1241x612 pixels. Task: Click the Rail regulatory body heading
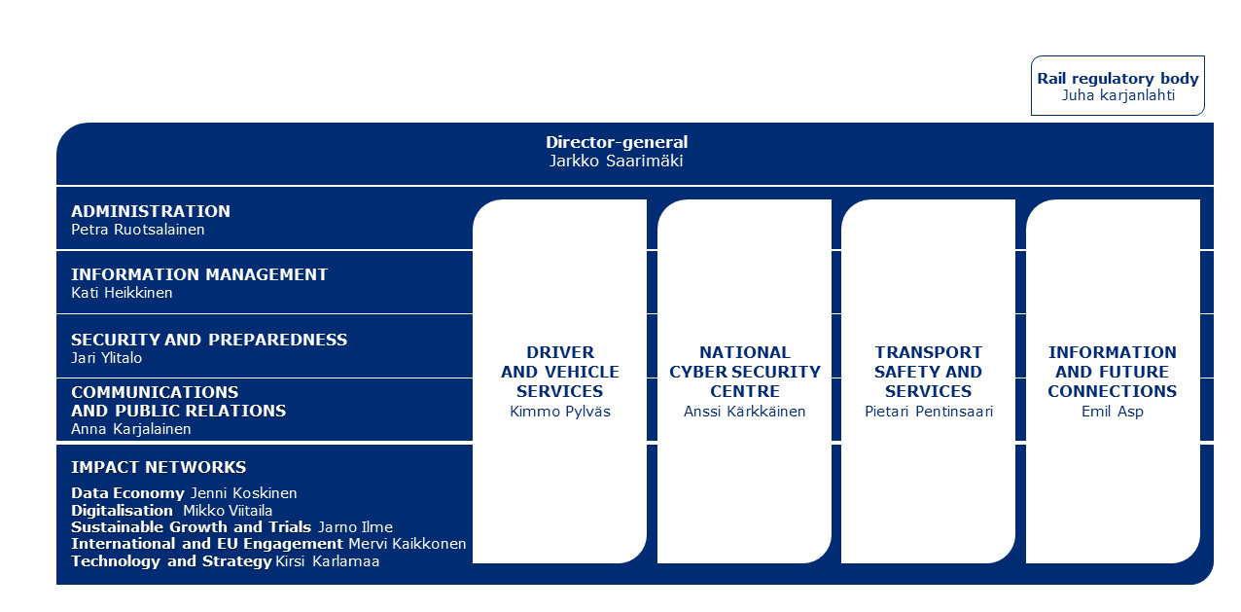[x=1117, y=79]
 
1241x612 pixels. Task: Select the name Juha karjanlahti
[x=1118, y=96]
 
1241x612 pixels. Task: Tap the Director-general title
[x=617, y=142]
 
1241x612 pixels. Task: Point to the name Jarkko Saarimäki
[x=616, y=162]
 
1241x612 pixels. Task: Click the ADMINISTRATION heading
[x=151, y=211]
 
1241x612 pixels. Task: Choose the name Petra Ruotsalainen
[x=138, y=230]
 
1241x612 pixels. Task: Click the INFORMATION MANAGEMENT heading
[x=199, y=274]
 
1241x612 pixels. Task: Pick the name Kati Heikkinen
[x=122, y=293]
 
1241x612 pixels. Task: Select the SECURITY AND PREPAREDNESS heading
[x=209, y=340]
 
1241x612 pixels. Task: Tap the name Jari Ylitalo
[x=106, y=358]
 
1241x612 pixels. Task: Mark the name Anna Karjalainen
[x=130, y=429]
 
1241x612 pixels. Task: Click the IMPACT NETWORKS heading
[x=159, y=467]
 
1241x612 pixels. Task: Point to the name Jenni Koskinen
[x=244, y=493]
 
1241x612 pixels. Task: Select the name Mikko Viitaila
[x=228, y=511]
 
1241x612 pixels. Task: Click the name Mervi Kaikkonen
[x=408, y=544]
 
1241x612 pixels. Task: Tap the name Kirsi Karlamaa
[x=328, y=561]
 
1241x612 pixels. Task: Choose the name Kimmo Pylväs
[x=560, y=412]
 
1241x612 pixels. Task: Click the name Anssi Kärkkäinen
[x=745, y=412]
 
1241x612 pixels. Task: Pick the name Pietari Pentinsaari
[x=929, y=412]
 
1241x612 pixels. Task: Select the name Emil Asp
[x=1113, y=412]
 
